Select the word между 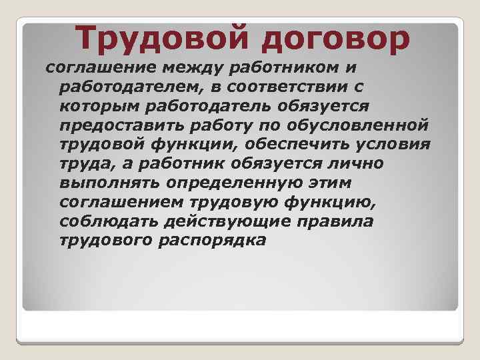pos(191,68)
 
